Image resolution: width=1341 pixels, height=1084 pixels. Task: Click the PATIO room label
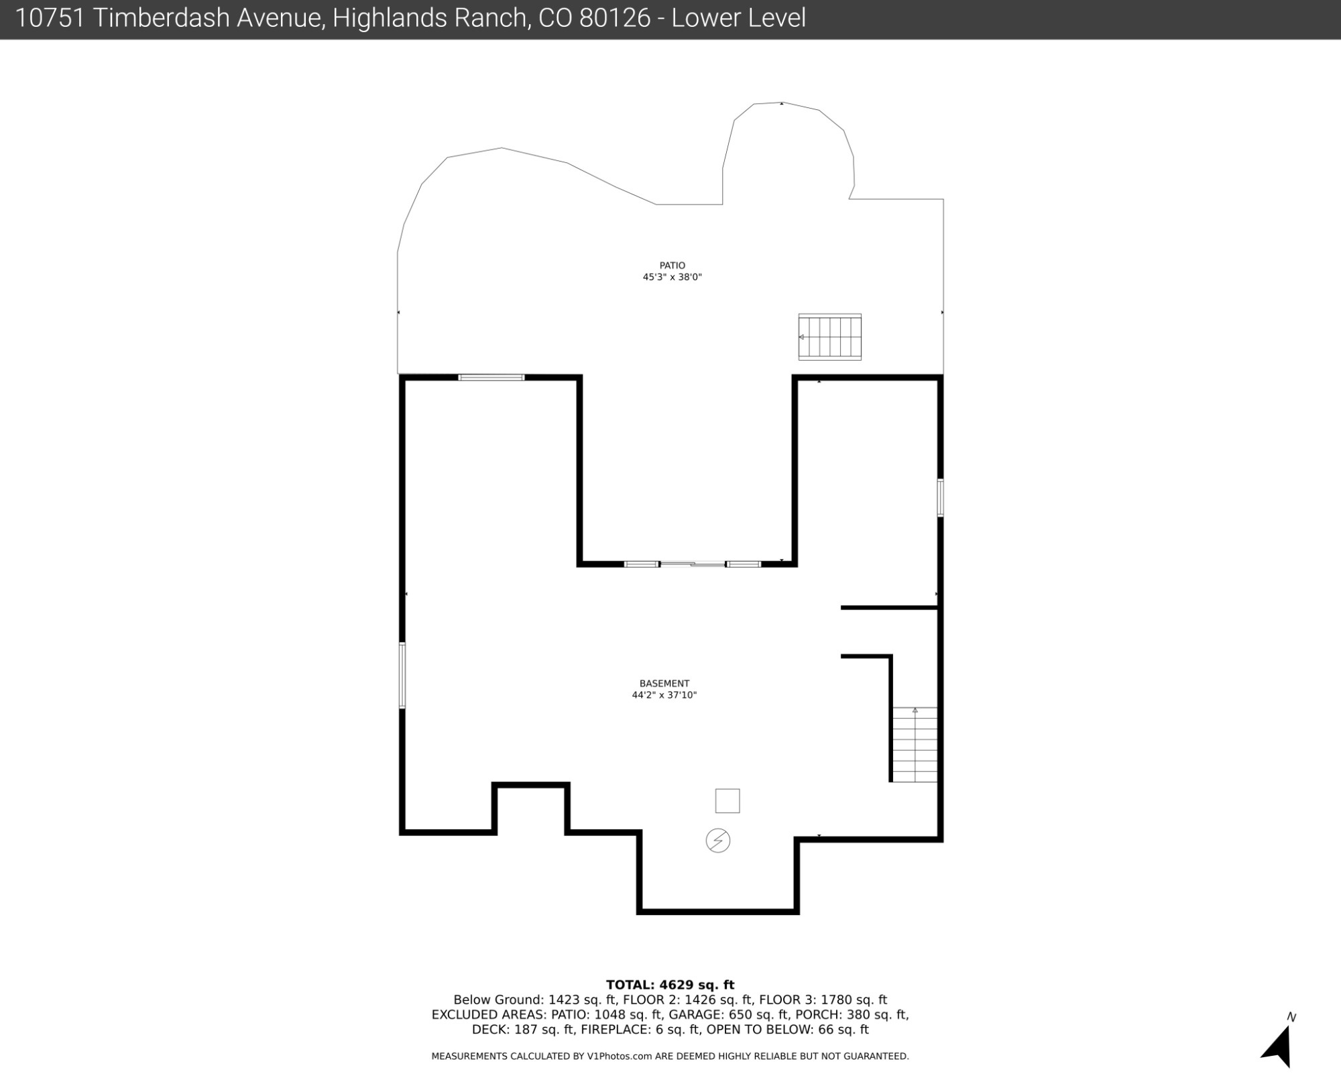click(672, 265)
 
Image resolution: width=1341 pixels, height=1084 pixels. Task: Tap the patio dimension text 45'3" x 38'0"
click(672, 277)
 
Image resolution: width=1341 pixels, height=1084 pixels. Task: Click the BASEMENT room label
click(664, 684)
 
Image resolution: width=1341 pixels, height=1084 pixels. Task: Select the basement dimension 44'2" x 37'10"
click(664, 695)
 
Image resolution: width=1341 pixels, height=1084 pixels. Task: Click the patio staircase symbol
click(829, 337)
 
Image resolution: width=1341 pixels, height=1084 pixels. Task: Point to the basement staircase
click(915, 744)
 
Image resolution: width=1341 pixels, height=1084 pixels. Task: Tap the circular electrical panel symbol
click(718, 841)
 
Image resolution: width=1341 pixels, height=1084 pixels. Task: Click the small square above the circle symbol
click(727, 800)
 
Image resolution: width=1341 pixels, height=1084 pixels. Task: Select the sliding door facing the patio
click(693, 564)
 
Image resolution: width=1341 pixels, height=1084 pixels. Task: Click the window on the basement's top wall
click(491, 378)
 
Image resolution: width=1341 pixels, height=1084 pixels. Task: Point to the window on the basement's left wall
click(402, 675)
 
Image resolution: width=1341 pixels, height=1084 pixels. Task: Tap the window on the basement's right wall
click(940, 497)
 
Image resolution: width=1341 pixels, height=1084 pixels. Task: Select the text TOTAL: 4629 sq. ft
click(670, 985)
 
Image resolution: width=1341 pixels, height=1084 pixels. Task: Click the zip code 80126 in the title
click(615, 18)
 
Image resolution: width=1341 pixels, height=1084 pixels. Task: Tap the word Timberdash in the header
click(208, 18)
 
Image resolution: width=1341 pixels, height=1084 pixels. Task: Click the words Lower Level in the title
click(738, 18)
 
